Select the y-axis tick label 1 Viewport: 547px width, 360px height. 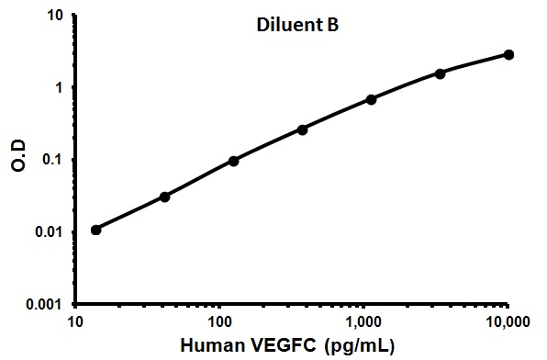[x=60, y=88]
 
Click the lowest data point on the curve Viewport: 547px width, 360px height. [x=96, y=229]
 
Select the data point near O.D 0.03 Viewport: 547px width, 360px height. [x=164, y=197]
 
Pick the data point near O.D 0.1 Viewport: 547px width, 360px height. [x=233, y=161]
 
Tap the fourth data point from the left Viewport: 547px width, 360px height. [x=302, y=129]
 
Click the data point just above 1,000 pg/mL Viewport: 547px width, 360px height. [x=371, y=99]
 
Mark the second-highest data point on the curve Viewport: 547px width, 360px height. [x=440, y=73]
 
